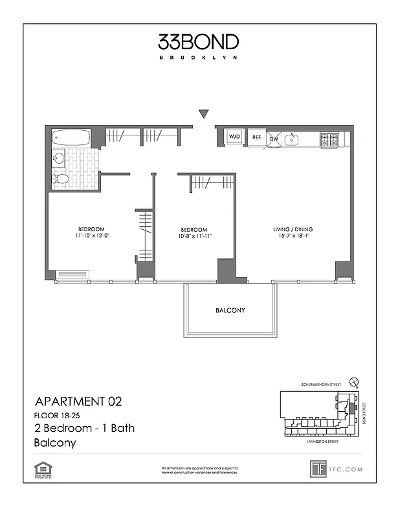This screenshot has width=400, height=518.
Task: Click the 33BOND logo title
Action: [x=199, y=42]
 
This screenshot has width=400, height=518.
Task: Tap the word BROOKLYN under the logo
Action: [x=199, y=58]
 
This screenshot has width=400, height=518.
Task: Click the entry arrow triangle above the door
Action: [x=203, y=115]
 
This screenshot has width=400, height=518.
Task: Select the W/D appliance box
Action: [x=234, y=138]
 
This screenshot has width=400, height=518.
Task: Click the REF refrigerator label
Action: [x=256, y=138]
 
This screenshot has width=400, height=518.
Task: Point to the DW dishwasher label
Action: [x=274, y=139]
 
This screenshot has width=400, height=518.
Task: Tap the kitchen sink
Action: [x=293, y=139]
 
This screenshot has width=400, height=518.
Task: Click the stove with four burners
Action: [x=330, y=139]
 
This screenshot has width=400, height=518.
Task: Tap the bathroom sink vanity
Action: [x=60, y=158]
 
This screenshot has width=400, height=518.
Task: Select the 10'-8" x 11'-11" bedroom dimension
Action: [x=194, y=236]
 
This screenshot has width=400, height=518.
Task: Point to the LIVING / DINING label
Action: [x=293, y=229]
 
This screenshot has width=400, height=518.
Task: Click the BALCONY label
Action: [x=230, y=311]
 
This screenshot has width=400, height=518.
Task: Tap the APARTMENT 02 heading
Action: [x=77, y=401]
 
